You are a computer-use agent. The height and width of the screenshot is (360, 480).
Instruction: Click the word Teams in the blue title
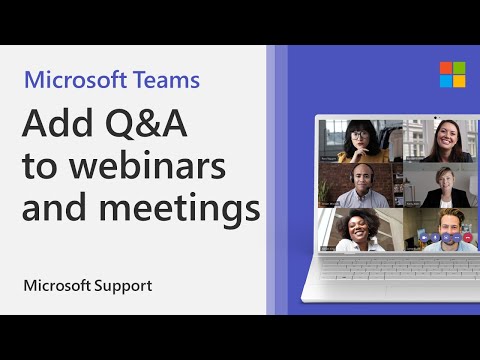point(164,80)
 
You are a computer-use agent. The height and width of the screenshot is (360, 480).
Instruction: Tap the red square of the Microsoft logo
point(418,68)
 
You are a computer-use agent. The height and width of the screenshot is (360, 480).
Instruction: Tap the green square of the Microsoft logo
point(431,68)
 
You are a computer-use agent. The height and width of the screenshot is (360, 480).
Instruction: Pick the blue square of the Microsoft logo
point(418,81)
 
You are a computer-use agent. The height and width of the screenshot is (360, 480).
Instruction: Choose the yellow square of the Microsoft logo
point(431,81)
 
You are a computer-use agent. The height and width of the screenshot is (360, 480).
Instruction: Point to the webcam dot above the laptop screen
point(397,118)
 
